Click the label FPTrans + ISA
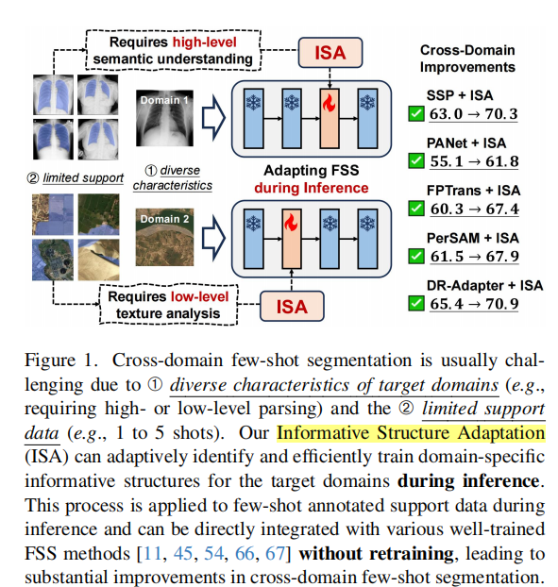[x=482, y=191]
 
